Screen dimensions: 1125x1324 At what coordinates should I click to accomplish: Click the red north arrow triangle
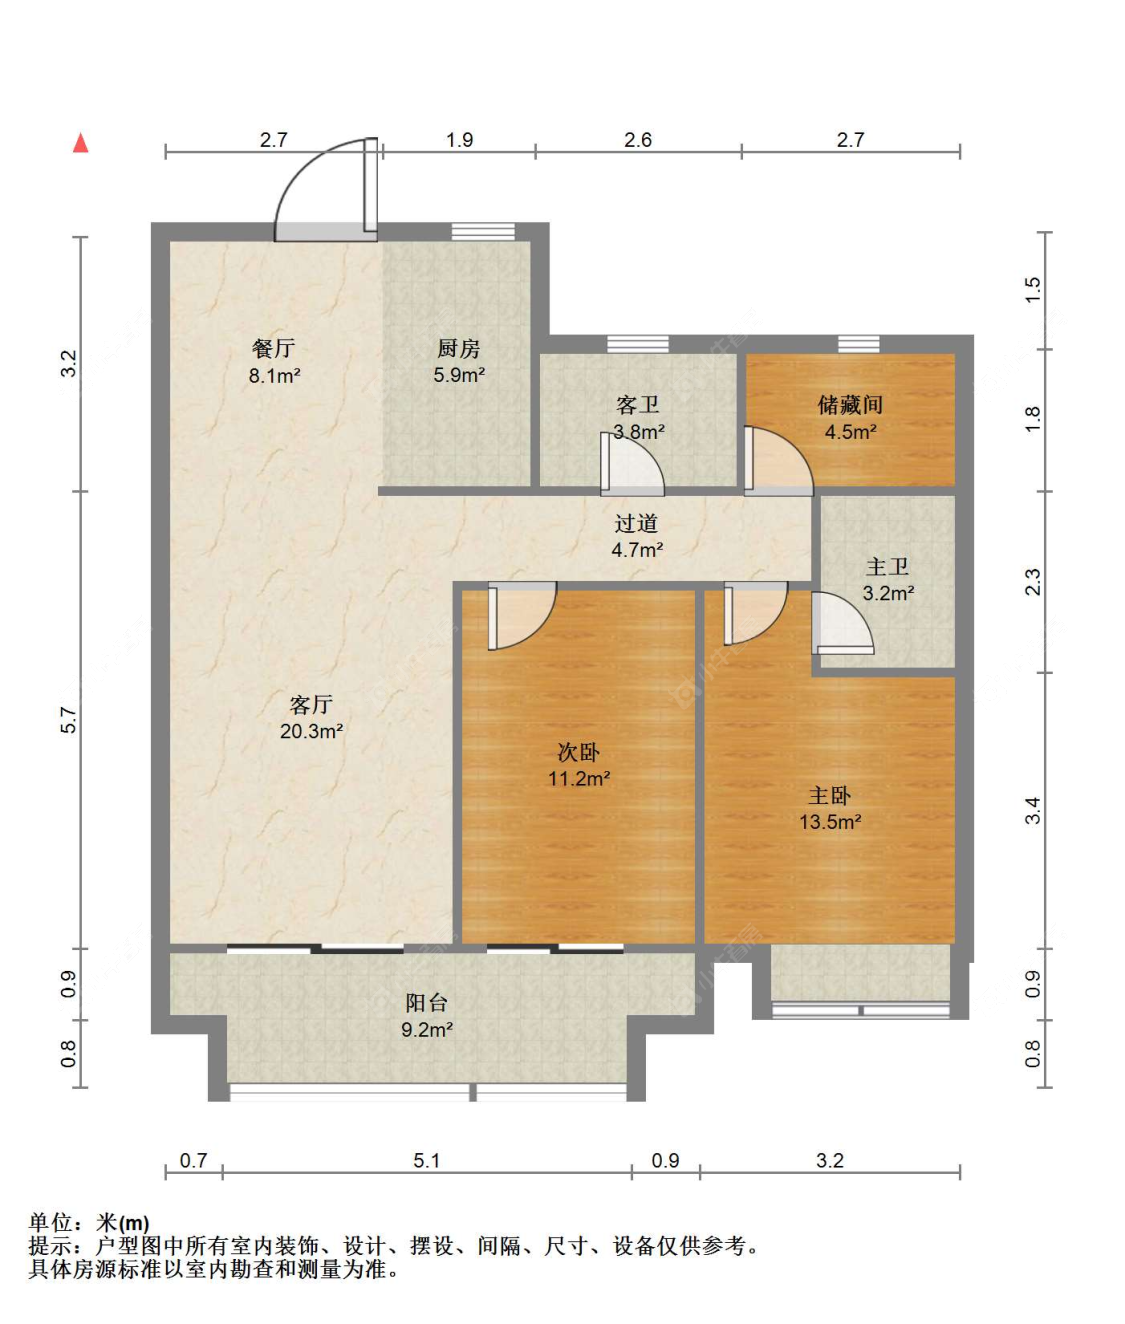pos(81,143)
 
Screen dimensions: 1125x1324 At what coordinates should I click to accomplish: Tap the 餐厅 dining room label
pos(274,349)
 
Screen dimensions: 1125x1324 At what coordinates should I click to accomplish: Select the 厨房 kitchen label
pos(459,349)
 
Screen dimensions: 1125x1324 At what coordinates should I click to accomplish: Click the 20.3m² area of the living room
pos(311,731)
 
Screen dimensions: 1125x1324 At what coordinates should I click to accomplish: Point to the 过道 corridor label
pos(636,523)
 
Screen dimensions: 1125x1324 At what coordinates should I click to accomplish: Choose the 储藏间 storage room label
pos(850,405)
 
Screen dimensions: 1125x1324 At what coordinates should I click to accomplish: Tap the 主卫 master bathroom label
pos(887,566)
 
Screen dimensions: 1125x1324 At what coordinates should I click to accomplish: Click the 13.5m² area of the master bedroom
pos(830,822)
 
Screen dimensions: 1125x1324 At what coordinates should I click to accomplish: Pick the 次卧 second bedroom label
pos(579,752)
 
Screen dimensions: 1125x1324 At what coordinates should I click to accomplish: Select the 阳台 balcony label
pos(427,1003)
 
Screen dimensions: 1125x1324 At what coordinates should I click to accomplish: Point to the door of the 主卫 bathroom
pos(842,623)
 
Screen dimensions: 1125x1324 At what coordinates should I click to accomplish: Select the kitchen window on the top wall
pos(483,231)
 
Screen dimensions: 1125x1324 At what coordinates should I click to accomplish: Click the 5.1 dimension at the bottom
pos(427,1160)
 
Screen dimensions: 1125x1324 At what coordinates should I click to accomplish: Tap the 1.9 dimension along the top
pos(459,140)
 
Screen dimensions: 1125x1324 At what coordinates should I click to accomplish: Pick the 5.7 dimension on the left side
pos(69,719)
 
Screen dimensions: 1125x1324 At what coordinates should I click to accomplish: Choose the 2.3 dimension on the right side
pos(1033,582)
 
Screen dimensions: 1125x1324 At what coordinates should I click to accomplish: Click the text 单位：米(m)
pos(88,1223)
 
